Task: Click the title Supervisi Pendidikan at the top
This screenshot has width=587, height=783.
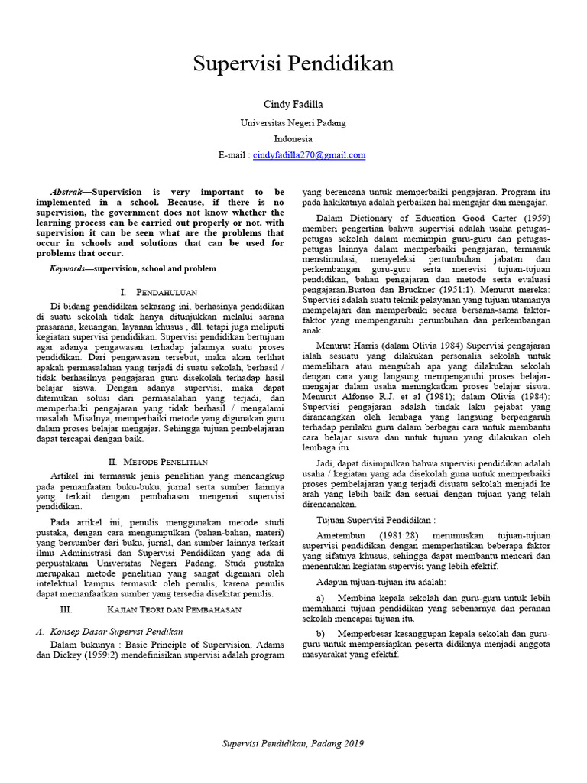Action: tap(293, 63)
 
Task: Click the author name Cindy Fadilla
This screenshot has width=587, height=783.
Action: tap(293, 104)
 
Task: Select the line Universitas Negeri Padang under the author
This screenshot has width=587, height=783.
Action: tap(293, 122)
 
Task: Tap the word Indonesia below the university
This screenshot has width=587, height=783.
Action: tap(293, 138)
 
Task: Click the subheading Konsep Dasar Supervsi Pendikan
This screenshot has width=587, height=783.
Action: tap(116, 632)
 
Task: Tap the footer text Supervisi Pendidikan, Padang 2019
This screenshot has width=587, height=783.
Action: tap(293, 743)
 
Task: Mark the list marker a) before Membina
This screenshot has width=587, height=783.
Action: tap(319, 596)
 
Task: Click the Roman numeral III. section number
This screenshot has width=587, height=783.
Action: tap(65, 609)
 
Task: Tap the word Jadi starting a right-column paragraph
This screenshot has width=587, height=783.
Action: tap(325, 463)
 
